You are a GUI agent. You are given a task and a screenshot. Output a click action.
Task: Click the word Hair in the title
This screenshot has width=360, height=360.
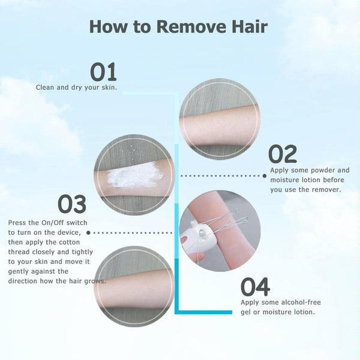(x=250, y=26)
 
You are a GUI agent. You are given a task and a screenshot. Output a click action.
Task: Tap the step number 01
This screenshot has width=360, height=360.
(x=103, y=72)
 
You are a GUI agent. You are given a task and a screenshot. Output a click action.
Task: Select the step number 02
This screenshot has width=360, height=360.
(x=283, y=154)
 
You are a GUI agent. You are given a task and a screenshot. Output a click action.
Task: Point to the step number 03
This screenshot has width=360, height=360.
(x=72, y=204)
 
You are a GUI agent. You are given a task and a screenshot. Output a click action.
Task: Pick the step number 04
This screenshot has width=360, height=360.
(x=255, y=287)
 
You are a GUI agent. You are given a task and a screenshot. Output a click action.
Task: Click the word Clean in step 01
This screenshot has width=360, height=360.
(x=45, y=87)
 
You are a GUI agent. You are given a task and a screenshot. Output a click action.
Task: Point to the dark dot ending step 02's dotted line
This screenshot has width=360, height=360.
(x=265, y=176)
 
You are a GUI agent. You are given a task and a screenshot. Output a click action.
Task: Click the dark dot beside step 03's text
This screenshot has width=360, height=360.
(x=88, y=233)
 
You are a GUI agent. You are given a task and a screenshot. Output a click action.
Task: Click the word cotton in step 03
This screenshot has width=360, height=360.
(x=70, y=242)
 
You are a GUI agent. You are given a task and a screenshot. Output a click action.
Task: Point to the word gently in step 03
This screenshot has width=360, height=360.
(x=18, y=272)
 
